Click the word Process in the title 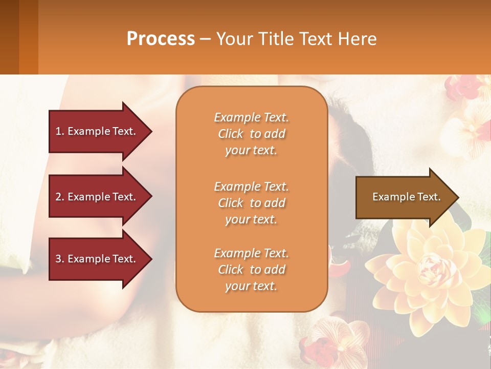[161, 39]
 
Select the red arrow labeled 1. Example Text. [97, 131]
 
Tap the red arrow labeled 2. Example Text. [97, 197]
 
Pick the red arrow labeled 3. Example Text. [97, 259]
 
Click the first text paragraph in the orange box [251, 134]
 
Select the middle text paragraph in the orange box [251, 203]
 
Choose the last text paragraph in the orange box [251, 270]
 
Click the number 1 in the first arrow [58, 131]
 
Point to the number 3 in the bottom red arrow [58, 259]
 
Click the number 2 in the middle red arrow [58, 197]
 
